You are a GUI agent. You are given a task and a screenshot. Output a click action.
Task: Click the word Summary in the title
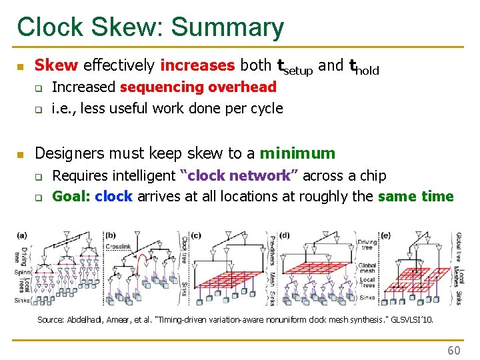(x=227, y=28)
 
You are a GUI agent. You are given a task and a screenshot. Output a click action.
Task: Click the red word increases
(x=197, y=65)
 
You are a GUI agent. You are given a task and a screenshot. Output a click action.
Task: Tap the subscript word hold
(x=367, y=70)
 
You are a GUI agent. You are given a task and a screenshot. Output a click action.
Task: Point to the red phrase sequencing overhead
(x=199, y=87)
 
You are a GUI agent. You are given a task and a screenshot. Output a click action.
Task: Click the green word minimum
(x=297, y=153)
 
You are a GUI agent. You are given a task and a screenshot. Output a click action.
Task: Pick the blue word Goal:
(x=71, y=197)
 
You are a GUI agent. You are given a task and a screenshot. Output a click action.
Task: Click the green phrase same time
(x=415, y=197)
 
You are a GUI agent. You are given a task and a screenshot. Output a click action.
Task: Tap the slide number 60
(x=453, y=350)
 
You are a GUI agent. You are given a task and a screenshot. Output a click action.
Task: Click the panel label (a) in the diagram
(x=23, y=235)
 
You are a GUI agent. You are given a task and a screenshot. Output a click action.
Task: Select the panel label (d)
(x=285, y=235)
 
